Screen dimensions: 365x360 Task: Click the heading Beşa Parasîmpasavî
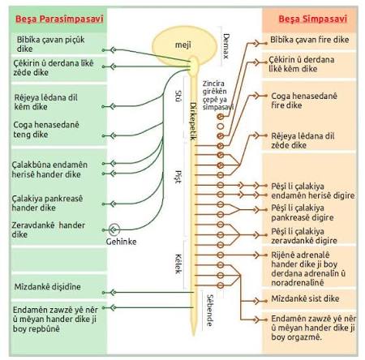(x=59, y=19)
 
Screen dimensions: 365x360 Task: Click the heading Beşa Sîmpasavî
(x=313, y=19)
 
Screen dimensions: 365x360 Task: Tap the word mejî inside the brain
(x=183, y=45)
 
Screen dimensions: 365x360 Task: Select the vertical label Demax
(x=226, y=46)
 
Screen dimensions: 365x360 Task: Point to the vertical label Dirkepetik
(x=193, y=121)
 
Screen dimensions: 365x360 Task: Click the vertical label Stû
(x=178, y=96)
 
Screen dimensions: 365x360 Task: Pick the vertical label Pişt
(x=178, y=177)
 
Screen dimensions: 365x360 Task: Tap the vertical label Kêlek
(x=178, y=264)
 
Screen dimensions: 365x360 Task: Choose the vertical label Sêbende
(x=210, y=310)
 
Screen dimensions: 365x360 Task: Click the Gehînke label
(x=121, y=242)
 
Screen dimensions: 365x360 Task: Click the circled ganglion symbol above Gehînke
(x=114, y=229)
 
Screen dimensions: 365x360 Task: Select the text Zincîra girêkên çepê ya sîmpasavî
(x=218, y=95)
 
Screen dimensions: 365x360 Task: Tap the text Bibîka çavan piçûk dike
(x=50, y=44)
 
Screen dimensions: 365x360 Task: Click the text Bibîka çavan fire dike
(x=310, y=40)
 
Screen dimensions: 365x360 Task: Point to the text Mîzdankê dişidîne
(x=48, y=286)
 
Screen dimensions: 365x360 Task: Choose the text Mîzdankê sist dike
(x=305, y=298)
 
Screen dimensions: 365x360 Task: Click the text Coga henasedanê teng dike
(x=46, y=130)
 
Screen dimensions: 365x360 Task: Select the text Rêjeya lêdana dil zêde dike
(x=303, y=140)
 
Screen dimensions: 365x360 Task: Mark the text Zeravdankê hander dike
(x=48, y=229)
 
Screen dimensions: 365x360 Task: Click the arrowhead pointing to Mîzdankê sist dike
(x=256, y=301)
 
